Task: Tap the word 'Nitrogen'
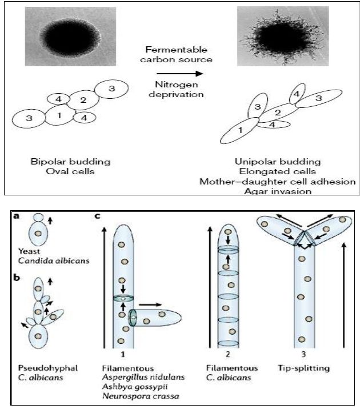171,85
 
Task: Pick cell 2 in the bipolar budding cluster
83,101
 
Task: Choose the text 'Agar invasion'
277,191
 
